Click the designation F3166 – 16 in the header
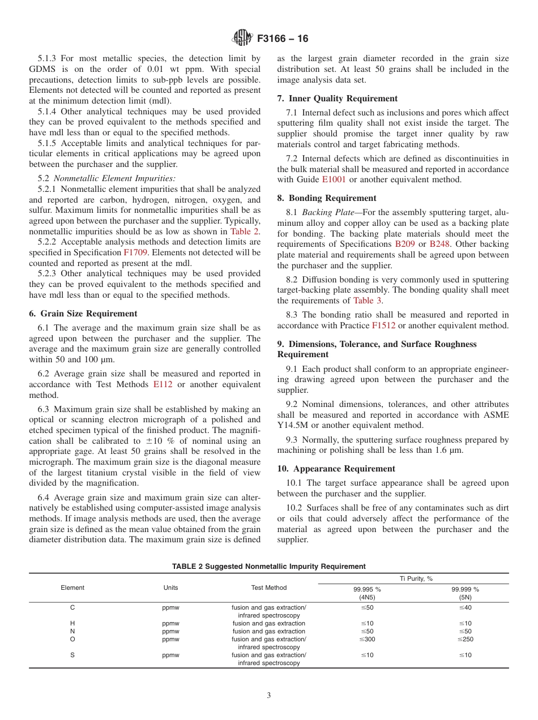[283, 39]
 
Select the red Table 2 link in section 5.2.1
[245, 232]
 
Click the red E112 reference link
[163, 384]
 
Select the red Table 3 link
[368, 301]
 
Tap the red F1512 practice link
[383, 325]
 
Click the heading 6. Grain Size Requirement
[83, 314]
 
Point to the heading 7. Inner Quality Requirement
[337, 98]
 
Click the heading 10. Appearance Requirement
[336, 469]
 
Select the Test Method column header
[269, 588]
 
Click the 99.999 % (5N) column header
[465, 593]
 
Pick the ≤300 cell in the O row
[366, 639]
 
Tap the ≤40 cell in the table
[465, 607]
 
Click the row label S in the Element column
[72, 655]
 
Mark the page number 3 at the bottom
[269, 696]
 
